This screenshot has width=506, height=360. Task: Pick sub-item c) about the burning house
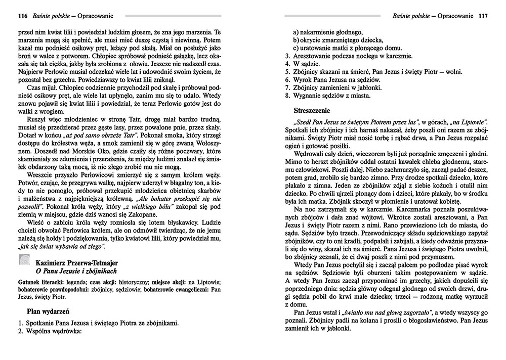pos(342,48)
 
